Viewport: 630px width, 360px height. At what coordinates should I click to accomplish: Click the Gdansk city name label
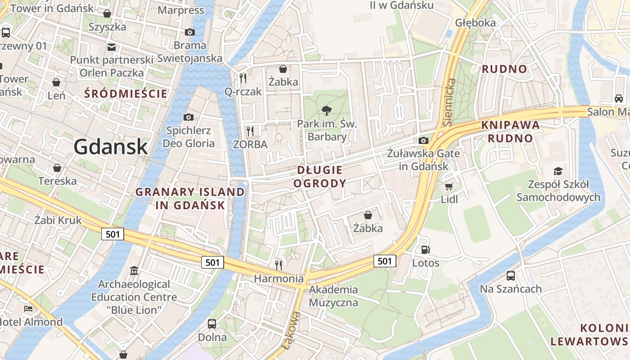point(110,147)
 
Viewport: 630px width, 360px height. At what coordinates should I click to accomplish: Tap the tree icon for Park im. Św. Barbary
point(327,110)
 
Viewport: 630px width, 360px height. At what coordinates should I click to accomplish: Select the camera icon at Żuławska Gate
point(423,140)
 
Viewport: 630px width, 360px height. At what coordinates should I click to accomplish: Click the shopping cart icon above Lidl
point(449,186)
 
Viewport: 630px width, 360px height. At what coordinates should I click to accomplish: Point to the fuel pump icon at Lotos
point(425,250)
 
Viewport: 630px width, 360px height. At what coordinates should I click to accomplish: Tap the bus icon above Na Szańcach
point(511,275)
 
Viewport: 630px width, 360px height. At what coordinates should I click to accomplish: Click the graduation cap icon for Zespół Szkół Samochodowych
point(558,171)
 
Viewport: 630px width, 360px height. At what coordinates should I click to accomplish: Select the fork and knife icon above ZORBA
point(250,131)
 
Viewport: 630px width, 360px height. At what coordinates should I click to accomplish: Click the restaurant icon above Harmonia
point(279,265)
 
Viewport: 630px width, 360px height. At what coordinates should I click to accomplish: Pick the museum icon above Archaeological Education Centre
point(134,271)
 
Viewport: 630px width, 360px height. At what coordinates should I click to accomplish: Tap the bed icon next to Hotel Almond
point(28,309)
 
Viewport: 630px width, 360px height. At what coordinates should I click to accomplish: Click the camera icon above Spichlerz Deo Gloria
point(189,117)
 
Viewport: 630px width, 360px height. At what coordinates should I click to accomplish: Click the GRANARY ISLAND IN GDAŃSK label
point(190,198)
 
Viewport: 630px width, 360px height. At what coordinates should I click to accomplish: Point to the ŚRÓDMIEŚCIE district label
point(126,94)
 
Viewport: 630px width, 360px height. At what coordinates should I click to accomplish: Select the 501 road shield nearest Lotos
point(385,261)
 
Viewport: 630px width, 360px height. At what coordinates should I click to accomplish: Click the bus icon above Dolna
point(212,324)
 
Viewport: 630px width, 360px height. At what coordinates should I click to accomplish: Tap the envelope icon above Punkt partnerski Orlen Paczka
point(111,47)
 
